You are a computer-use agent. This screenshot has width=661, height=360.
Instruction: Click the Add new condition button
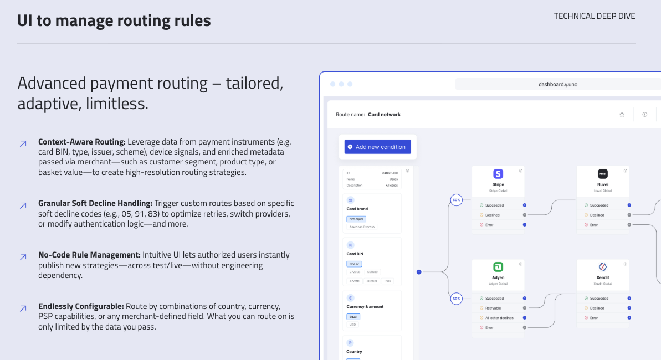(377, 147)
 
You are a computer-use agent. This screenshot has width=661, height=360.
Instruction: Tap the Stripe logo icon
(498, 174)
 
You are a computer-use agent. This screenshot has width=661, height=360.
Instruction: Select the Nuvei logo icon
(602, 174)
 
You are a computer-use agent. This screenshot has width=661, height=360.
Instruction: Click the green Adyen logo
(498, 267)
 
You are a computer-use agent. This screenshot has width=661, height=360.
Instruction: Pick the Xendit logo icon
(602, 267)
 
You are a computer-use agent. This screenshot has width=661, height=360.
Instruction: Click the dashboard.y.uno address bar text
(557, 85)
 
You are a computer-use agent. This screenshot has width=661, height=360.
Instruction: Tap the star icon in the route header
(622, 115)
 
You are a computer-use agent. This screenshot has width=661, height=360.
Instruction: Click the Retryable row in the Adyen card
(493, 308)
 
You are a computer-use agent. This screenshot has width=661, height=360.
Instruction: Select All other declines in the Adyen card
(499, 318)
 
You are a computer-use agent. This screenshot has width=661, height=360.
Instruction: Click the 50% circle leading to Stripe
(456, 200)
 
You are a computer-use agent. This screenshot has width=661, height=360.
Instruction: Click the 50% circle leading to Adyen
(456, 299)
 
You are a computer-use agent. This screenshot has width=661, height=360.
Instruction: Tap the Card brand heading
(357, 209)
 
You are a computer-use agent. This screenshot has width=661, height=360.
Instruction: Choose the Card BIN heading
(355, 254)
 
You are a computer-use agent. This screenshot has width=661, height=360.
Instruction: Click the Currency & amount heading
(365, 306)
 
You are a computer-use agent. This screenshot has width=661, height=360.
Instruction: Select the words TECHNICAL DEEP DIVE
(594, 16)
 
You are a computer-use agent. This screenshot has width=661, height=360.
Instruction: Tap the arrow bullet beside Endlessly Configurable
(23, 308)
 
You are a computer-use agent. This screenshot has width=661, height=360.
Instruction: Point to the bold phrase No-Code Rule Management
(89, 255)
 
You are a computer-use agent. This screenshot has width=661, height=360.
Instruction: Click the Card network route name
(384, 115)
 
